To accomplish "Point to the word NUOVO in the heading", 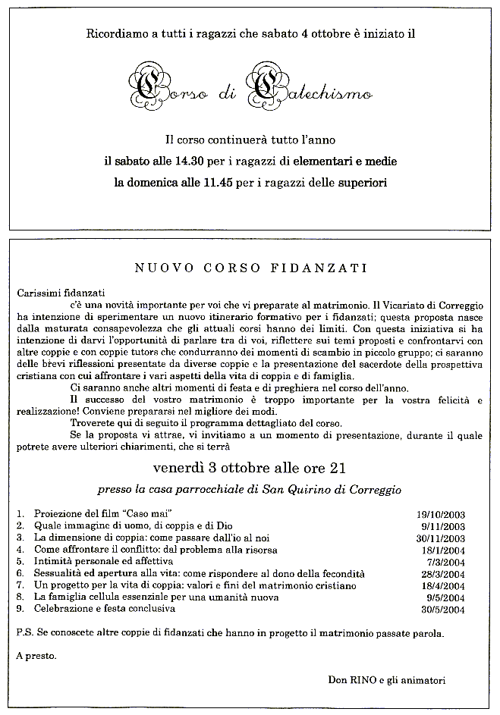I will pos(156,268).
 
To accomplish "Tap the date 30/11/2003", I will pos(440,538).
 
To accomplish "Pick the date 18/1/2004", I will pos(443,550).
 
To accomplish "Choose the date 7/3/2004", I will pos(446,562).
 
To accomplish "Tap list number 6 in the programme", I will pos(20,573).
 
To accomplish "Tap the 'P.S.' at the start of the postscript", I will pos(24,632).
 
